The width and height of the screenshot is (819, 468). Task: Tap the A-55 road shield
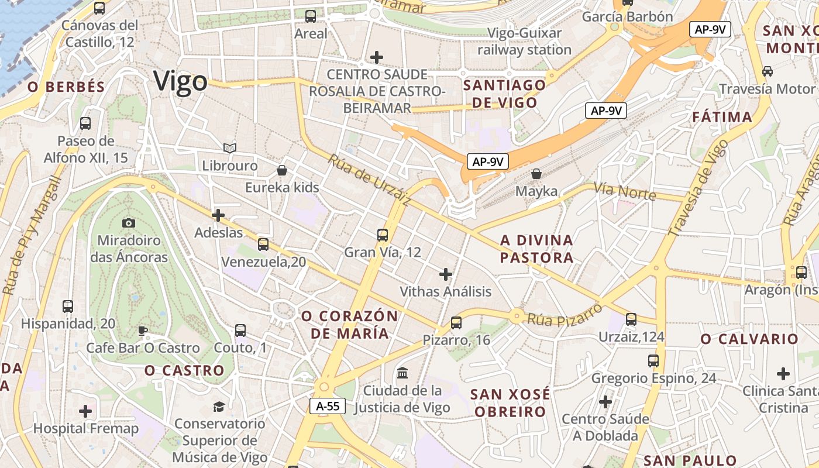tap(328, 406)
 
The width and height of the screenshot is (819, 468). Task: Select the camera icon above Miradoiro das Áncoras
tap(129, 223)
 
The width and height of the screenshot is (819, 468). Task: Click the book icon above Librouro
tap(230, 149)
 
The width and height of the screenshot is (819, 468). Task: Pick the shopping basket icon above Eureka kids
tap(282, 170)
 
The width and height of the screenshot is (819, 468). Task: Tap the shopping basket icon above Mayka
tap(536, 174)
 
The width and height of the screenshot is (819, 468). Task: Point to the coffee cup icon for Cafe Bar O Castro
tap(143, 331)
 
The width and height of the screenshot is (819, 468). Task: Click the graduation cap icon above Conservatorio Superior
tap(219, 406)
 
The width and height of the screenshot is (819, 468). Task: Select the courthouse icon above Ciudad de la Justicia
tap(402, 373)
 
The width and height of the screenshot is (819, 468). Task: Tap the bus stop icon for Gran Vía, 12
tap(383, 235)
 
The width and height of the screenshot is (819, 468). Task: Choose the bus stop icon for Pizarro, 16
tap(456, 322)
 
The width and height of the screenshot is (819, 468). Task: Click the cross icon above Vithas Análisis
tap(446, 274)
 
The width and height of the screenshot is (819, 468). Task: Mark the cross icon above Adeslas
tap(218, 215)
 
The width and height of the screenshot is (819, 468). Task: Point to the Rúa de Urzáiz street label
tap(369, 180)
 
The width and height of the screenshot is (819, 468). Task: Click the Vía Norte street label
tap(624, 191)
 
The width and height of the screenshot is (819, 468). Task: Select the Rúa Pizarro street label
tap(565, 314)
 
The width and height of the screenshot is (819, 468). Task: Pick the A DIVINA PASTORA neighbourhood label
tap(536, 249)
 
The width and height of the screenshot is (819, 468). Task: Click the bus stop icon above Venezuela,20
tap(263, 244)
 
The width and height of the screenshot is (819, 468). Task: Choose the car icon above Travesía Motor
tap(767, 71)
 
